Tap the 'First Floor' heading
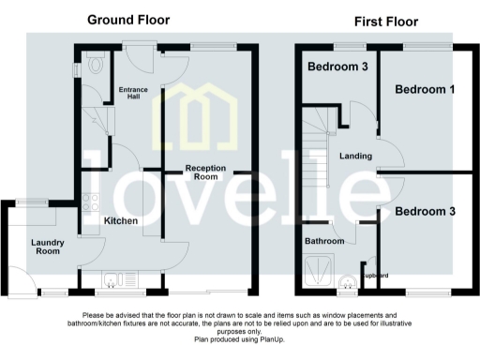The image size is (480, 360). (385, 21)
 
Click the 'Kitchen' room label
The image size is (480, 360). (121, 221)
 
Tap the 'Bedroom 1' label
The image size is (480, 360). (425, 89)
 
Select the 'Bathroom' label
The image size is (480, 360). (324, 241)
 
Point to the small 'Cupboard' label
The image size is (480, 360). (375, 275)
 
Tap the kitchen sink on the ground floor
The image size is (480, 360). (112, 277)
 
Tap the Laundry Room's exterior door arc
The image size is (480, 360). (16, 277)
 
